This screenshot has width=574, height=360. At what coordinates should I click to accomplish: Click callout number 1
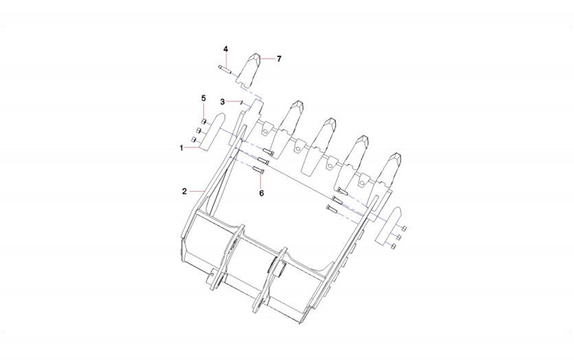[181, 148]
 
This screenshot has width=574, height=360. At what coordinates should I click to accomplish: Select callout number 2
[185, 191]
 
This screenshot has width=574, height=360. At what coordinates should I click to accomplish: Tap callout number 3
[223, 102]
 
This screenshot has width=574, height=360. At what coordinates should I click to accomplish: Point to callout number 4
[226, 49]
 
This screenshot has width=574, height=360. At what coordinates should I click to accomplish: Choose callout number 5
[203, 98]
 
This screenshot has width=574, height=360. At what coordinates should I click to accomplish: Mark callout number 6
[261, 193]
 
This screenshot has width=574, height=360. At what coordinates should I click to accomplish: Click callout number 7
[279, 59]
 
